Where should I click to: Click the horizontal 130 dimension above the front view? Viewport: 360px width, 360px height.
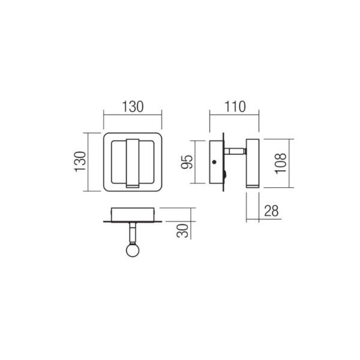click(133, 107)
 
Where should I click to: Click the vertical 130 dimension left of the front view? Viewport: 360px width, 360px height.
click(80, 161)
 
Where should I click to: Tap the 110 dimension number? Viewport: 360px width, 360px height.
click(235, 107)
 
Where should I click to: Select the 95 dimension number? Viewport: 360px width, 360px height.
click(187, 162)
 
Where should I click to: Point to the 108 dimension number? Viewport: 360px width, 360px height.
click(281, 163)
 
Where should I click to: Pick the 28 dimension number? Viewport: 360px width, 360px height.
click(271, 211)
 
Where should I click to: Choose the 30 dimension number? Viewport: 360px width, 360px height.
click(182, 230)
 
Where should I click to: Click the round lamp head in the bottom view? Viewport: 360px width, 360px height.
click(133, 250)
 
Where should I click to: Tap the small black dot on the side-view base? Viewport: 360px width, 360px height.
click(214, 162)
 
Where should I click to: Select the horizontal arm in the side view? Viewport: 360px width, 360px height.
click(235, 151)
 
